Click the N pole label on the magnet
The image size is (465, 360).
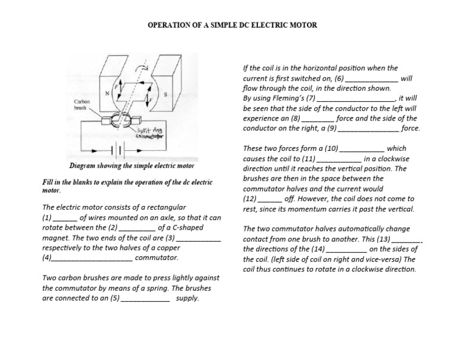(x=107, y=93)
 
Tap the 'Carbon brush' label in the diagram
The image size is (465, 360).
(x=82, y=105)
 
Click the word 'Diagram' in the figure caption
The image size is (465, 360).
(x=85, y=165)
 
